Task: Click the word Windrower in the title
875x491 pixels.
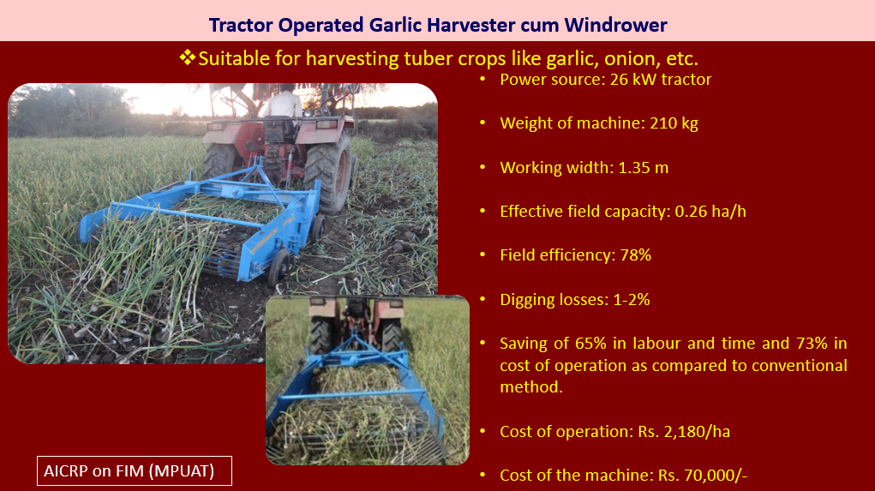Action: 615,25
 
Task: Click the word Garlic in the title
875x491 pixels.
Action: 393,25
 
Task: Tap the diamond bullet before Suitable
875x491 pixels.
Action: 187,57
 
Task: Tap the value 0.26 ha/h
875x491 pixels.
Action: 710,212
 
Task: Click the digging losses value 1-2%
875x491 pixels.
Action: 632,300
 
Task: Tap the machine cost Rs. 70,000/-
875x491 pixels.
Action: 703,476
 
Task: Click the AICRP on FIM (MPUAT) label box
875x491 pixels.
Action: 135,471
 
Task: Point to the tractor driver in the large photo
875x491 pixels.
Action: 284,106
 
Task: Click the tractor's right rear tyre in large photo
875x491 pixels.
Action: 330,173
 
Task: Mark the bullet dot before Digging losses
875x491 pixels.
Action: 482,300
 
